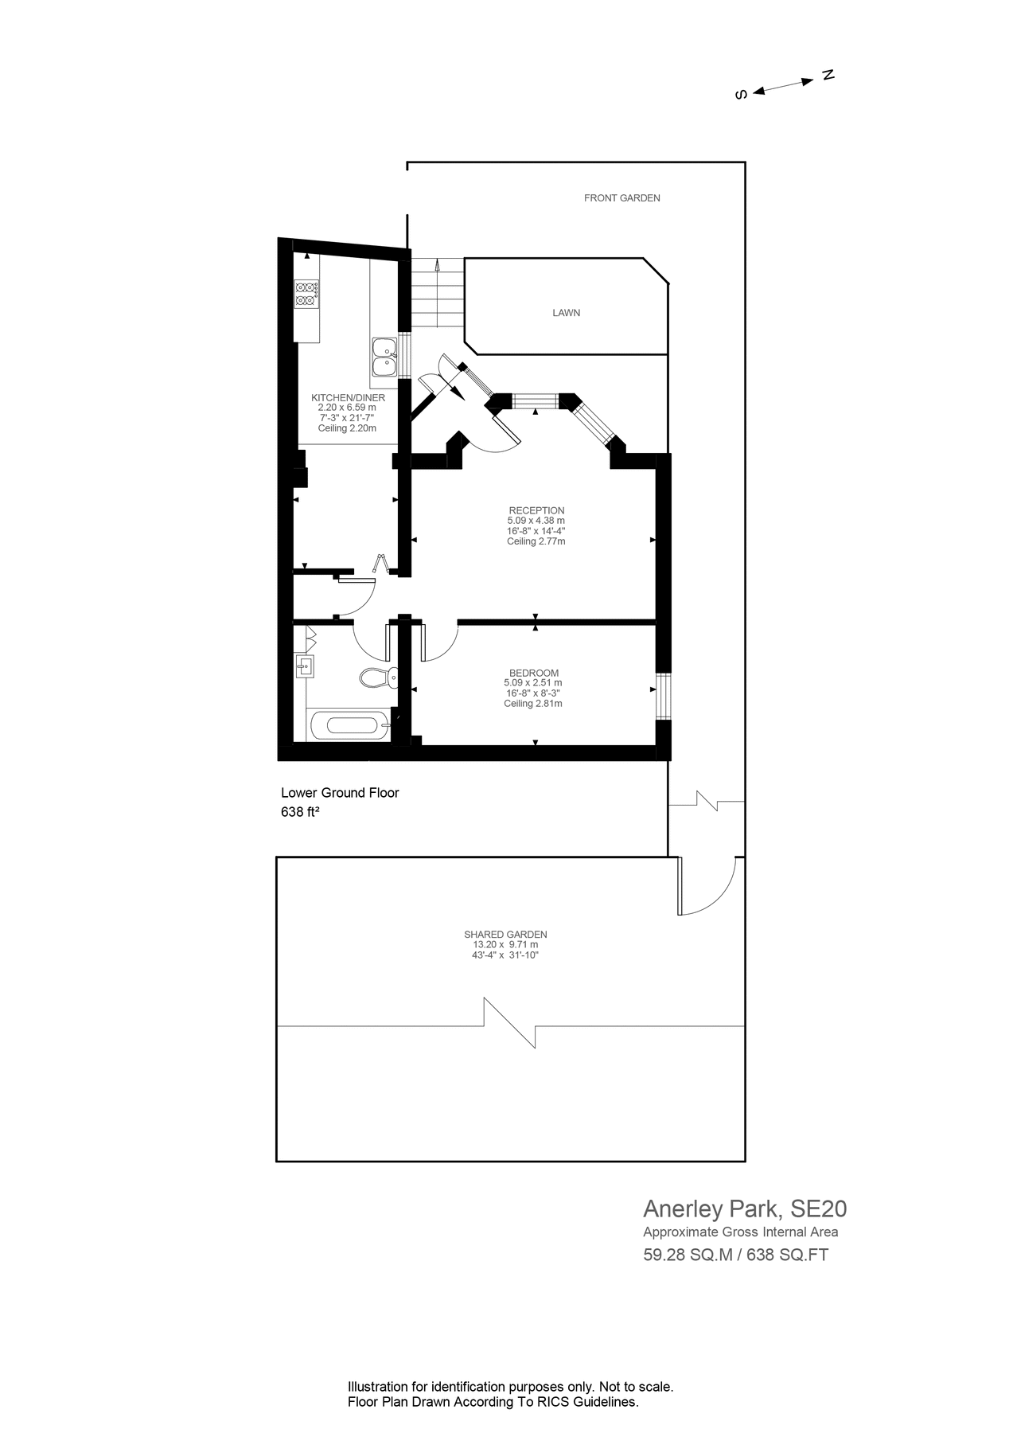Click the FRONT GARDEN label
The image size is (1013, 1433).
click(621, 198)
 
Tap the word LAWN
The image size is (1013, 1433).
click(566, 313)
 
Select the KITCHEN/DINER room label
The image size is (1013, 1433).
click(348, 397)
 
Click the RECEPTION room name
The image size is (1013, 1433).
click(536, 510)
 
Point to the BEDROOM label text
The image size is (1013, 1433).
click(533, 673)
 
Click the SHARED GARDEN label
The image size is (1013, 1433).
click(505, 935)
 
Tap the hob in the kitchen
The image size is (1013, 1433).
click(306, 294)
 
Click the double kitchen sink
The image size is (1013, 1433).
click(384, 357)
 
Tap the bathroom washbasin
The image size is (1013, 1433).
click(304, 666)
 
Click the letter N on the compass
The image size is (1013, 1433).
click(828, 75)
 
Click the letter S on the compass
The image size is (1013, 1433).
click(741, 95)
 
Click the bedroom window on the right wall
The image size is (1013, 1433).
click(663, 697)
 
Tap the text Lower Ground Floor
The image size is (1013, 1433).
click(340, 793)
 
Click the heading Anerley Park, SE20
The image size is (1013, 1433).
click(744, 1209)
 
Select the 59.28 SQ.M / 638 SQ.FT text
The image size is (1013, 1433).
click(735, 1255)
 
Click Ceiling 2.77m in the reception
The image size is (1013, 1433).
click(536, 541)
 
